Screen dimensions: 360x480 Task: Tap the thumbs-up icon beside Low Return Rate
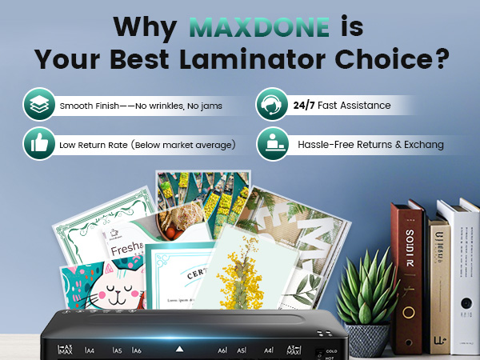[38, 146]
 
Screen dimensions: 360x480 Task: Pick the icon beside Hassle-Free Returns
[272, 146]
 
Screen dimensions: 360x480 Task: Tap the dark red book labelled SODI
[407, 256]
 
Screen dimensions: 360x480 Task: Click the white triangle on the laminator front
[180, 349]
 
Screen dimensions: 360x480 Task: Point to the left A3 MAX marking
[66, 350]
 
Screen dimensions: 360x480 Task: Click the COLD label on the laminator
[330, 349]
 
